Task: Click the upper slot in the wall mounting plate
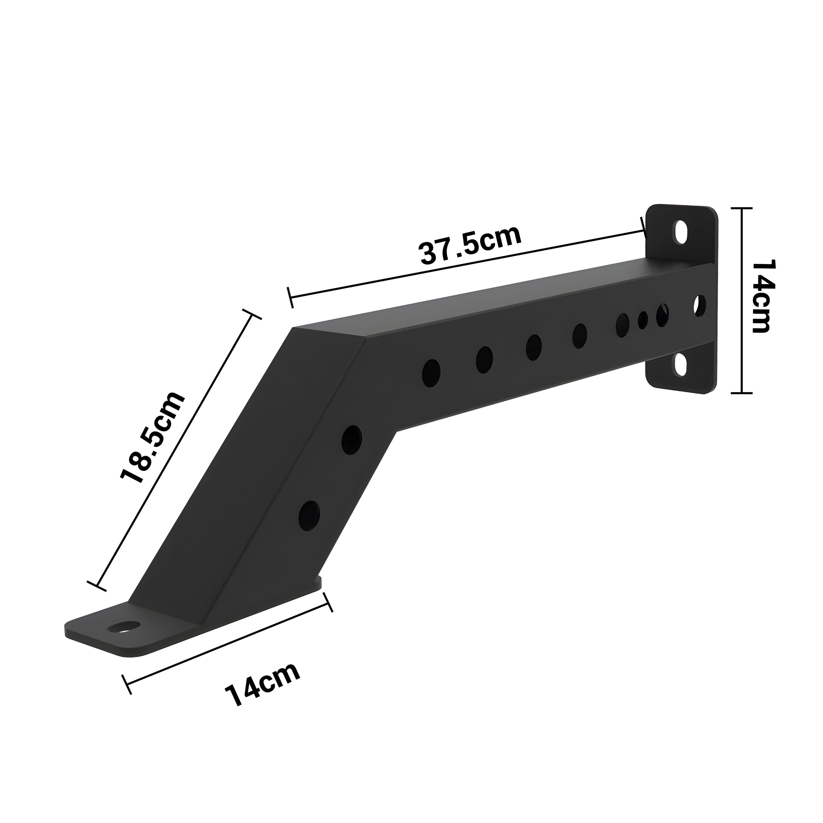(x=680, y=232)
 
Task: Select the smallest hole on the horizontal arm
(x=643, y=320)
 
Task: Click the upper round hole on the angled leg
(x=352, y=440)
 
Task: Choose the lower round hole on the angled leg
(x=309, y=516)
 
